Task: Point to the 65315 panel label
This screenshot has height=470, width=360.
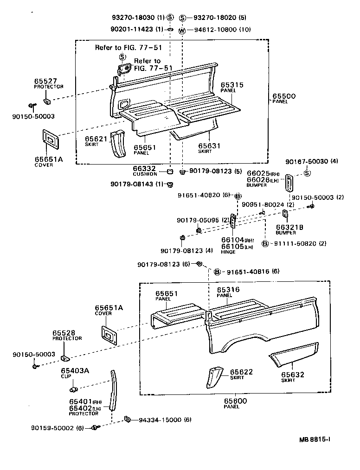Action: tap(232, 85)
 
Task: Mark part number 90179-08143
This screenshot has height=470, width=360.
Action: tap(132, 184)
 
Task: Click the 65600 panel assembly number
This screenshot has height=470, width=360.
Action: tap(235, 401)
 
